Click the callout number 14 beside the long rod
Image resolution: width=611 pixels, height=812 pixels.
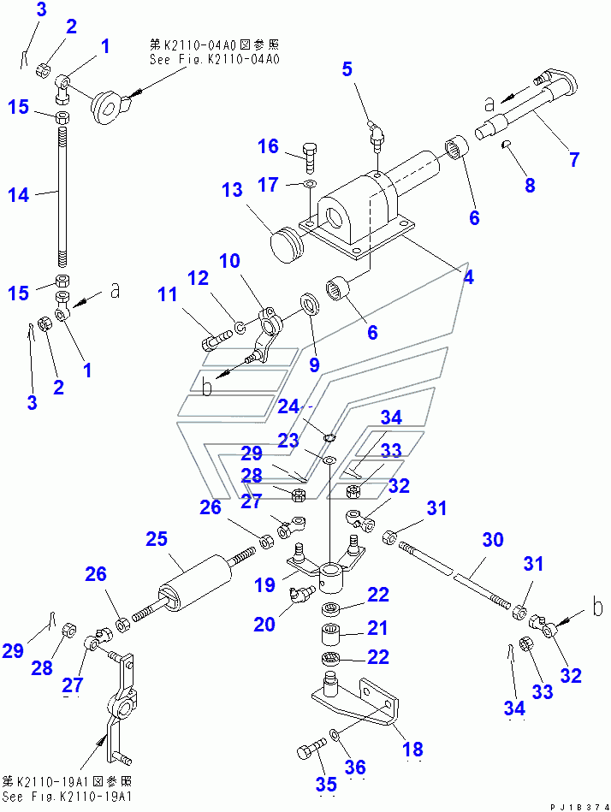tap(19, 195)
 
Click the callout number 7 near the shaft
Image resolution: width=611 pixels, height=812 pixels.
tap(574, 159)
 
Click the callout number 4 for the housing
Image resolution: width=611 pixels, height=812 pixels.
tap(468, 277)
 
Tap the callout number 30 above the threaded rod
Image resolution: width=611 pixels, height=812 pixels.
tap(492, 540)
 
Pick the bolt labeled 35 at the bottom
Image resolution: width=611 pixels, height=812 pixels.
tap(312, 749)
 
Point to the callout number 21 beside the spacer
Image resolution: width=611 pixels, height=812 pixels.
tap(377, 628)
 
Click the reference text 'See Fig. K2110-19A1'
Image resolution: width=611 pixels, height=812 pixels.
tap(68, 797)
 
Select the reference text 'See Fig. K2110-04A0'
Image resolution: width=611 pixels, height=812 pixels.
tap(215, 58)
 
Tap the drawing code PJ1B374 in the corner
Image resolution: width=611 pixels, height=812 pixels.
tap(579, 808)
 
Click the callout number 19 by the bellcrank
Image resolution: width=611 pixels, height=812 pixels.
tap(264, 584)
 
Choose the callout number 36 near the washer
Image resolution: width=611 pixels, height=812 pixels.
tap(355, 767)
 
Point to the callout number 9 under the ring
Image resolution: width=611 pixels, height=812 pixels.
tap(314, 365)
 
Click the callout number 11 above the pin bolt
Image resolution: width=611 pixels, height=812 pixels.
tap(167, 294)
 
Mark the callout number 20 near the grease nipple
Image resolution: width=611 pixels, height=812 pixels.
tap(264, 624)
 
